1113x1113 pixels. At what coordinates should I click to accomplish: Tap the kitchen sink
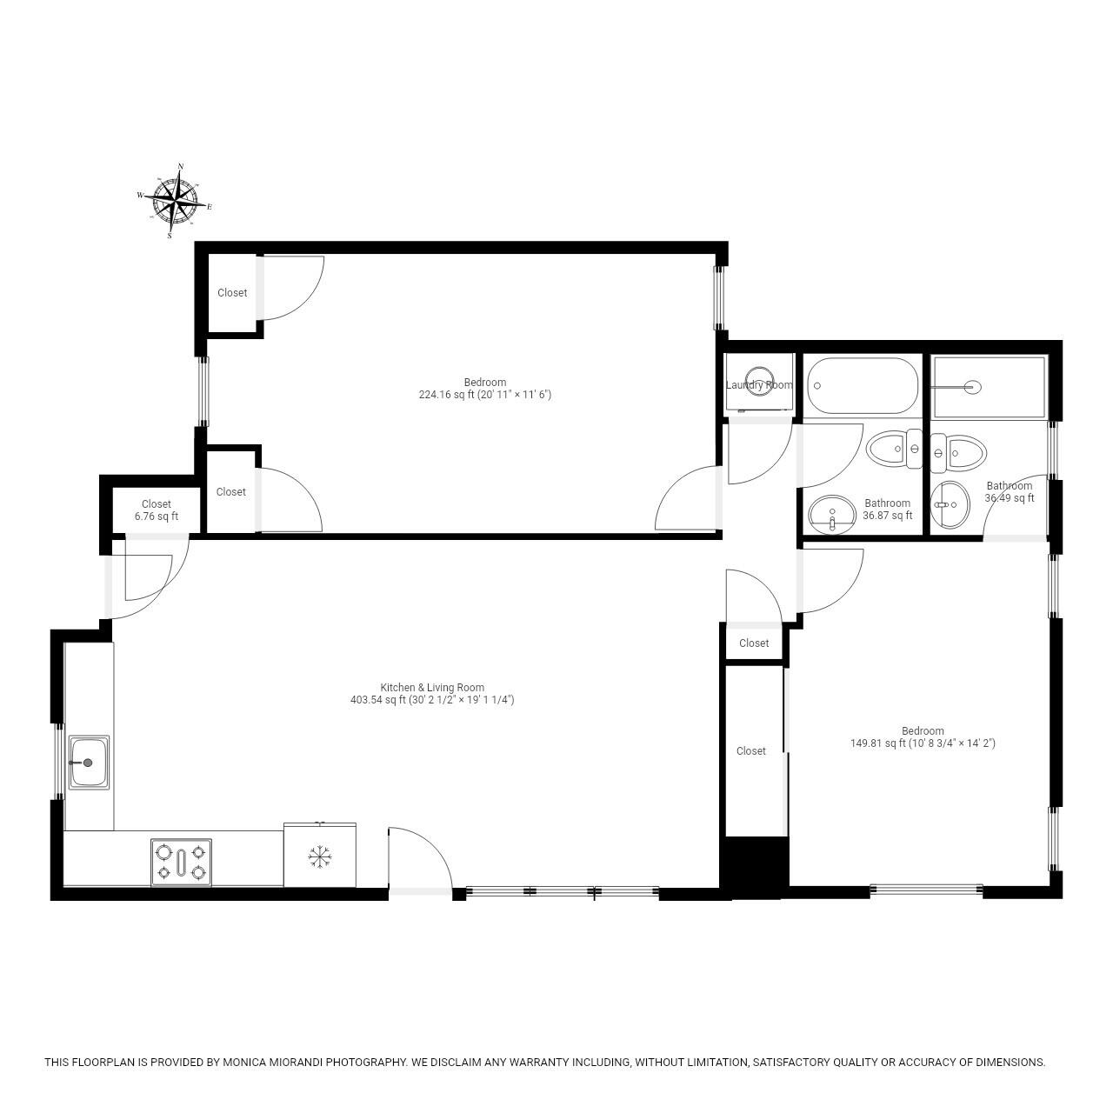(89, 763)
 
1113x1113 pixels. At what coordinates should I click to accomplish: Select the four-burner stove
(181, 862)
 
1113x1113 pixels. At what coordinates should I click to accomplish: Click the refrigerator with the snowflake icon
(320, 856)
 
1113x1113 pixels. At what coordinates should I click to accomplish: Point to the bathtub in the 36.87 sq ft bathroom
(862, 385)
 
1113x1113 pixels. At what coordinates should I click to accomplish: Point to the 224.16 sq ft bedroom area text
(484, 395)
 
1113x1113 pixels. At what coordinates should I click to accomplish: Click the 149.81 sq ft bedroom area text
(923, 743)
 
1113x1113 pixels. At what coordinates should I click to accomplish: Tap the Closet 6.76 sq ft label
(157, 510)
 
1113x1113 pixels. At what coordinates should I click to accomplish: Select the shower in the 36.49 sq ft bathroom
(989, 387)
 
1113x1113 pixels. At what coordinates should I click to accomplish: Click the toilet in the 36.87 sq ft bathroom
(893, 449)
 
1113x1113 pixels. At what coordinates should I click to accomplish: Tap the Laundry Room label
(759, 385)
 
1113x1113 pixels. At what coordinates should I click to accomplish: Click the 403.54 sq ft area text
(432, 700)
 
